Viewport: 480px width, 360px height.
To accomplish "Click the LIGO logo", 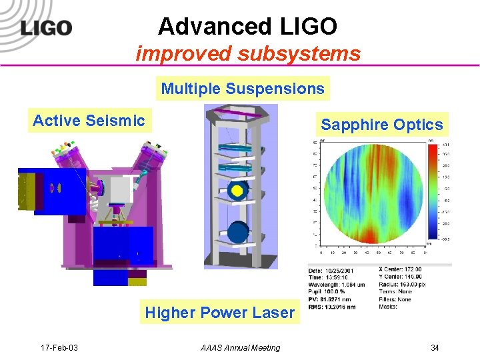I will pyautogui.click(x=45, y=28).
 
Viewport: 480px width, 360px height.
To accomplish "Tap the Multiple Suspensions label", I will pyautogui.click(x=243, y=89).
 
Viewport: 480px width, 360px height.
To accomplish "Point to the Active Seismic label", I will pyautogui.click(x=89, y=121).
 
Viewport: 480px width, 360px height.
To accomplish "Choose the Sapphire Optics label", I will pyautogui.click(x=381, y=125).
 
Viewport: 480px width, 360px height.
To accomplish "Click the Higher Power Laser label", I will pyautogui.click(x=219, y=312).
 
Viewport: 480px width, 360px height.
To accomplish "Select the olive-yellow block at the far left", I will pyautogui.click(x=29, y=191).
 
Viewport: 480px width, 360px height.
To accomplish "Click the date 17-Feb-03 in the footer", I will pyautogui.click(x=59, y=347).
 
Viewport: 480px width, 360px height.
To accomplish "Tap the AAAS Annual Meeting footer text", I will pyautogui.click(x=241, y=347).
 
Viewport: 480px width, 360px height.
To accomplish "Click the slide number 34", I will pyautogui.click(x=435, y=347).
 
